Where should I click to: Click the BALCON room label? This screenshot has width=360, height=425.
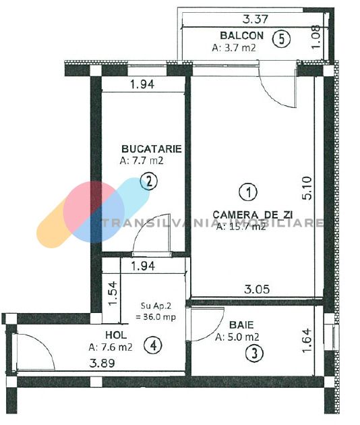click(x=241, y=36)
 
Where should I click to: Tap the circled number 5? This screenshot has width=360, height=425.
click(x=281, y=39)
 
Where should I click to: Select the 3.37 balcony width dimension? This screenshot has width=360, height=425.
click(x=256, y=20)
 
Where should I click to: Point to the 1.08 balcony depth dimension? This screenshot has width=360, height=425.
click(x=316, y=37)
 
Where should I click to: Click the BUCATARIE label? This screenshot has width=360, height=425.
click(x=152, y=149)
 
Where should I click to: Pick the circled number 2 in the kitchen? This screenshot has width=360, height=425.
click(x=149, y=181)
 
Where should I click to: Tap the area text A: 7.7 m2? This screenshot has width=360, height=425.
click(x=142, y=161)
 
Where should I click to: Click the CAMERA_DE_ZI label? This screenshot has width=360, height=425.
click(x=252, y=215)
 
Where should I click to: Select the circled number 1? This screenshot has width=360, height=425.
click(x=248, y=192)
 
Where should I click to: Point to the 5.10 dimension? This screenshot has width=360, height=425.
click(x=307, y=188)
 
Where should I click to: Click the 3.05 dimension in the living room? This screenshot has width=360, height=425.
click(x=257, y=289)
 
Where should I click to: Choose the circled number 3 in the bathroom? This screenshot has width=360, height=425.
click(x=254, y=353)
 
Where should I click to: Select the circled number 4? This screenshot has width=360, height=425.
click(x=153, y=345)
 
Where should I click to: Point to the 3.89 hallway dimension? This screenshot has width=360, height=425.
click(x=102, y=363)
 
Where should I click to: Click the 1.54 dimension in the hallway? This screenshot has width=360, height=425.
click(x=112, y=293)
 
